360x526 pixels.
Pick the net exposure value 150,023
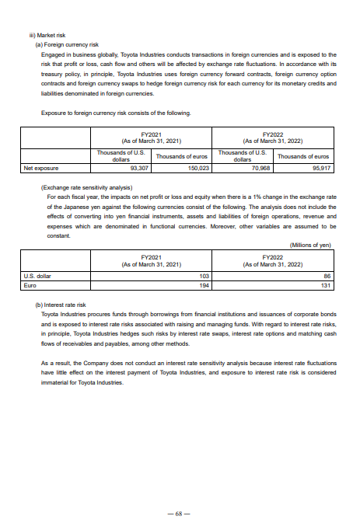pos(198,167)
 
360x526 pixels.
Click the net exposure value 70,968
pos(260,167)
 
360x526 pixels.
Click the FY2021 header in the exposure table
pos(152,137)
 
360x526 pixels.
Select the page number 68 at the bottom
pos(179,514)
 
